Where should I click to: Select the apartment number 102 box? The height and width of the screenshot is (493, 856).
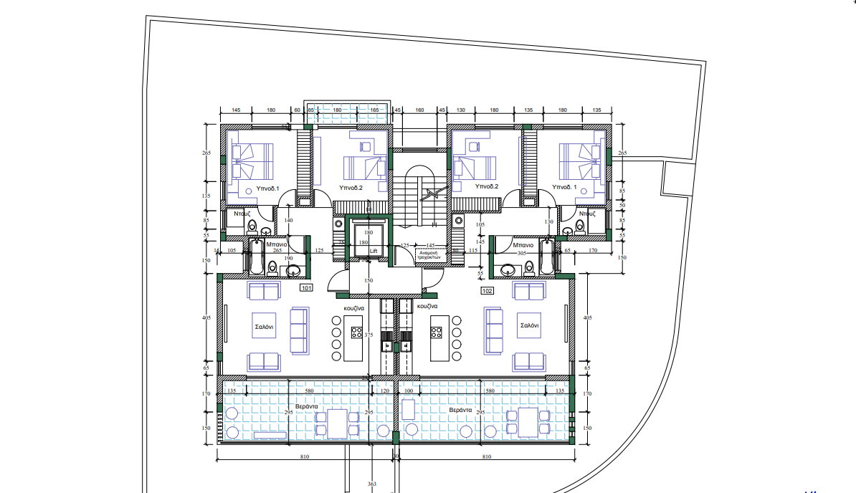[x=488, y=292]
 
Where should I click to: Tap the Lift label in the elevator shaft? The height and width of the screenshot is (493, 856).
[x=373, y=252]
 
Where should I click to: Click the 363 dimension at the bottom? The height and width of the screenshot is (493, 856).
[x=371, y=485]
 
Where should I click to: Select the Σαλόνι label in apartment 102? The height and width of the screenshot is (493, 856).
[x=530, y=325]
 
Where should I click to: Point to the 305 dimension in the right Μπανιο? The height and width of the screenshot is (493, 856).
[x=523, y=253]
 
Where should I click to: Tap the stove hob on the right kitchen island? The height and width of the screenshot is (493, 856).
[x=434, y=331]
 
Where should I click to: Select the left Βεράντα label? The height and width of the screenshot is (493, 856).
[x=306, y=406]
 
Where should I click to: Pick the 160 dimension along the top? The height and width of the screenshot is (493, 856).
[x=420, y=110]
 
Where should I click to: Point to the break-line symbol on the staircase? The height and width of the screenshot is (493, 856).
[x=431, y=193]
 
